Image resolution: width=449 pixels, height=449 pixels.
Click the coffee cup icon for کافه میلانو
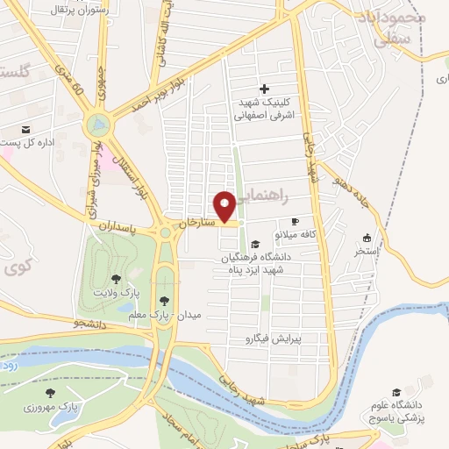point(295,221)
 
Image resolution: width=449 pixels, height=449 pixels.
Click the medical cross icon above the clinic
point(264,89)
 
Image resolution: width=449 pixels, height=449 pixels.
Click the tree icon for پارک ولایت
point(117,278)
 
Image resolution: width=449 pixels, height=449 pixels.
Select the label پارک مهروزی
point(75,408)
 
